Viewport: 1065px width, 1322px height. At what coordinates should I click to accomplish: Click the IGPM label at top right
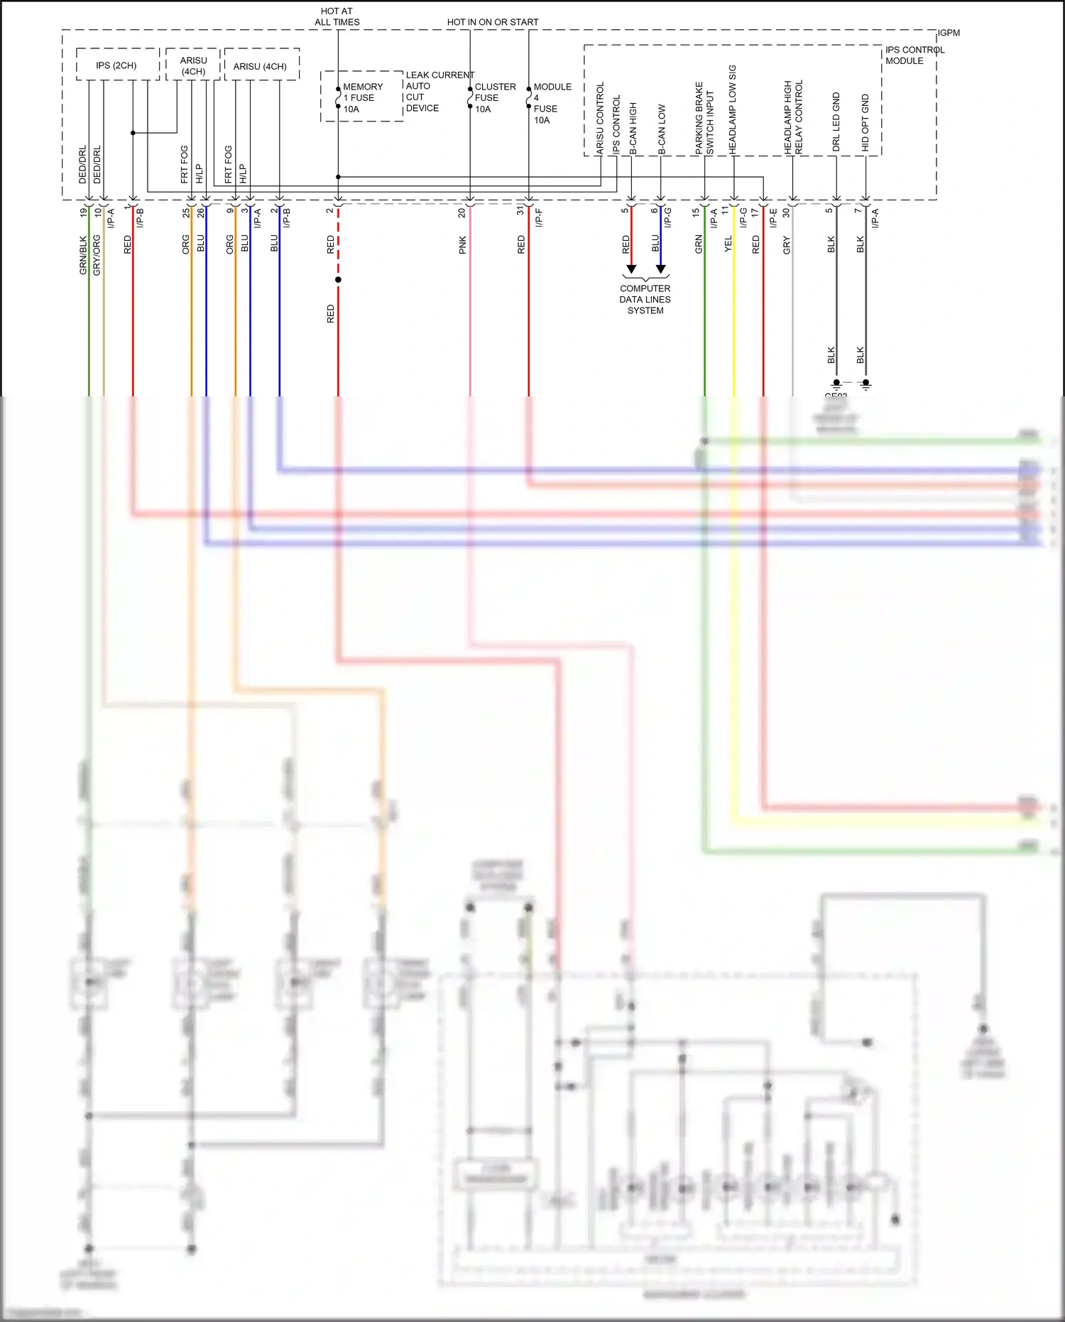pos(949,33)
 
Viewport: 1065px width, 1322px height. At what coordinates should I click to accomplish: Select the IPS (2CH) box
pos(116,65)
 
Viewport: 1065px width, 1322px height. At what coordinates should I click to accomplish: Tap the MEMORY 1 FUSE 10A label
pos(362,98)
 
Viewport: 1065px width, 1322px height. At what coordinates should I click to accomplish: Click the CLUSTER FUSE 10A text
pos(495,98)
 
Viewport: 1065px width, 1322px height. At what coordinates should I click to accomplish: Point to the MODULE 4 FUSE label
pos(552,103)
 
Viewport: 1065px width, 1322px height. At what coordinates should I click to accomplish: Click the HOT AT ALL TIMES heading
pos(337,16)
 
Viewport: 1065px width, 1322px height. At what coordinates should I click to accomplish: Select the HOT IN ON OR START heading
pos(492,22)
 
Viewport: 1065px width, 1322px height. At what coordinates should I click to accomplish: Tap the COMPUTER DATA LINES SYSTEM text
pos(645,299)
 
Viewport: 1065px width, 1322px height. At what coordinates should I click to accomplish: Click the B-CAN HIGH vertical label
pos(633,128)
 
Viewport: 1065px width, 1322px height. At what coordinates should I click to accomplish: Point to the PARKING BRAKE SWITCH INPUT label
pos(704,119)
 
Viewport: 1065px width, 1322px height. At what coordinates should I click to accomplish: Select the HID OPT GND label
pos(865,122)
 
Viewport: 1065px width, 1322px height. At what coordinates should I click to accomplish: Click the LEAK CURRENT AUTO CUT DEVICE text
pos(439,92)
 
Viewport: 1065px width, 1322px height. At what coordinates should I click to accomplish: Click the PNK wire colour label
pos(463,245)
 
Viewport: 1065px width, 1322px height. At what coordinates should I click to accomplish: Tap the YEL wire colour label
pos(728,244)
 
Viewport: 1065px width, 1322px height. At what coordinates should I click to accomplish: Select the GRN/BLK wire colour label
pos(83,255)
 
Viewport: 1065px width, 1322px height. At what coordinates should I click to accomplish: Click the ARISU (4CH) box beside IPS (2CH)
pos(193,65)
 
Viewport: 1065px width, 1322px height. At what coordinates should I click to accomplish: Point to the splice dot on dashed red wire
pos(338,280)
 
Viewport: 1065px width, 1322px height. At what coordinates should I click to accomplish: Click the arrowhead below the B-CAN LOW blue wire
pos(661,269)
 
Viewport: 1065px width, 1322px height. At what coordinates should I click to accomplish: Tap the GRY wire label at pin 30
pos(787,246)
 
